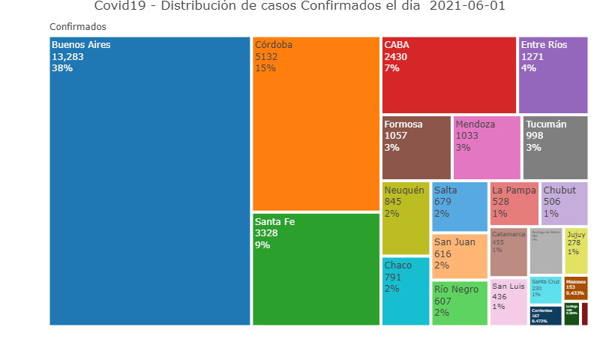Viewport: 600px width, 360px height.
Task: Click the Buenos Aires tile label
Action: point(81,45)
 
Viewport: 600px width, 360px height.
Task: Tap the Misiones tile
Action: point(576,288)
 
